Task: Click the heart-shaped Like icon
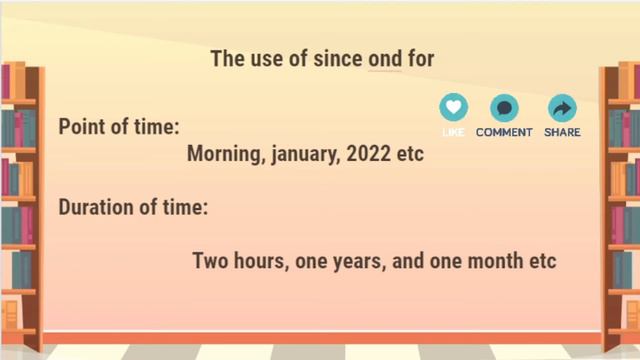click(453, 107)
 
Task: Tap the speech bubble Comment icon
click(504, 107)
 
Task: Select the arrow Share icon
click(562, 107)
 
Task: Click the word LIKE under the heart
click(453, 132)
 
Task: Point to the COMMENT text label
click(504, 132)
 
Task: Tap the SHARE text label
click(562, 132)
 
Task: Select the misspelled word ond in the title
click(384, 58)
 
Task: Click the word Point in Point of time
click(83, 128)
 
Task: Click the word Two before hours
click(211, 261)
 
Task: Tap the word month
click(495, 261)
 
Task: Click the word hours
click(262, 261)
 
